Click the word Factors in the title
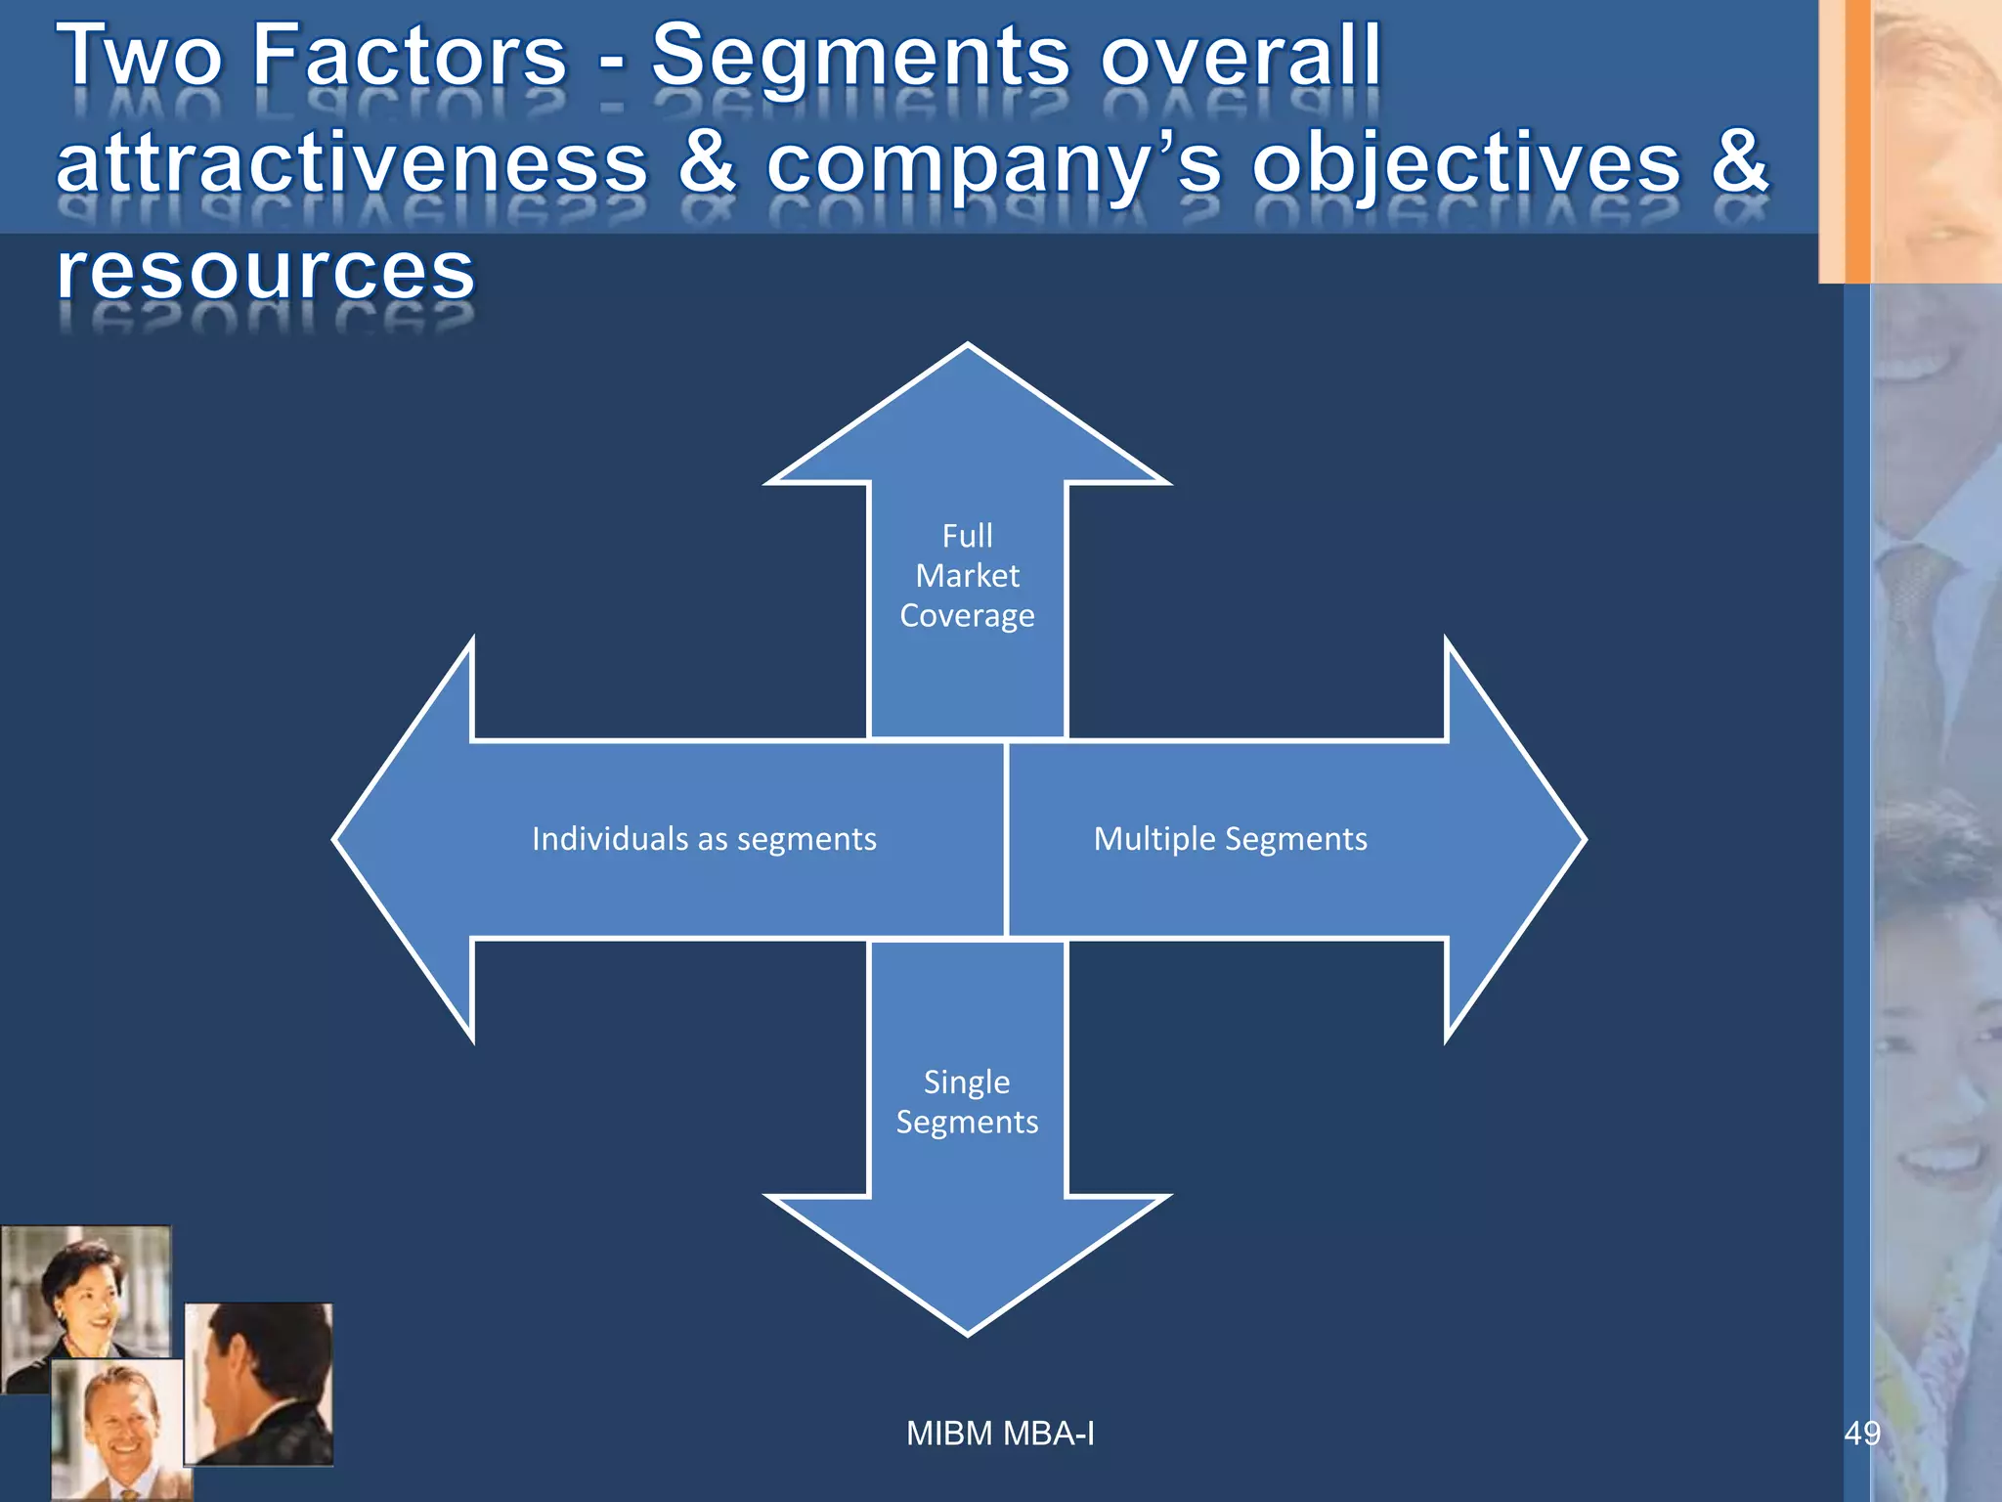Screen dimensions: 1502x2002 410,56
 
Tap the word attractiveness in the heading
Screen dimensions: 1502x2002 352,163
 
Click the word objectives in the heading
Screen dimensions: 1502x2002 1466,163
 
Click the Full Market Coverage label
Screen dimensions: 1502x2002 967,576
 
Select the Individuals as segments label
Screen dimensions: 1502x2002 704,839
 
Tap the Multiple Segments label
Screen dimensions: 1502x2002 1230,839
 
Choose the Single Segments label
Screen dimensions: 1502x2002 967,1102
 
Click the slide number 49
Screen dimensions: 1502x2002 1861,1434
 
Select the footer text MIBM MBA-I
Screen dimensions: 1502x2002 1000,1434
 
